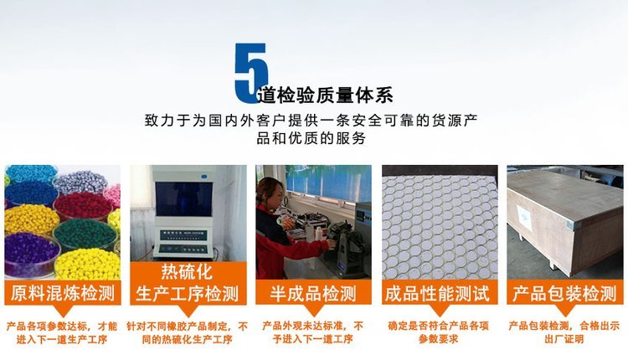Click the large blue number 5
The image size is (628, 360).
[250, 73]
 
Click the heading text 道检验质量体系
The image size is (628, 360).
[325, 95]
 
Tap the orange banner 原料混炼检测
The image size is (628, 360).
[63, 293]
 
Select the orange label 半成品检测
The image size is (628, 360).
[313, 293]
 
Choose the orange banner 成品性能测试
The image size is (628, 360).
[440, 293]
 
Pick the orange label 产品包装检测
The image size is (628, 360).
[564, 293]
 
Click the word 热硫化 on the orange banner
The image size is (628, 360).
[187, 272]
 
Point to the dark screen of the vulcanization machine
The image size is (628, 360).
[184, 199]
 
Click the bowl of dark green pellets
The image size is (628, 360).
[85, 234]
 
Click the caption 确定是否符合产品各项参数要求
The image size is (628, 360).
[439, 332]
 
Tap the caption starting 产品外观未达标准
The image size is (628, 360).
[313, 332]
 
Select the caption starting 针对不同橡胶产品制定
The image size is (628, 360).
[187, 332]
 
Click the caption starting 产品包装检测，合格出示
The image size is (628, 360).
[564, 332]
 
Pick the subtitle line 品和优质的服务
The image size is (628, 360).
[311, 138]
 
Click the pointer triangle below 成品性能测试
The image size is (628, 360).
[439, 310]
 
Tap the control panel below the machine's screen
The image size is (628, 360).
[183, 243]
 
